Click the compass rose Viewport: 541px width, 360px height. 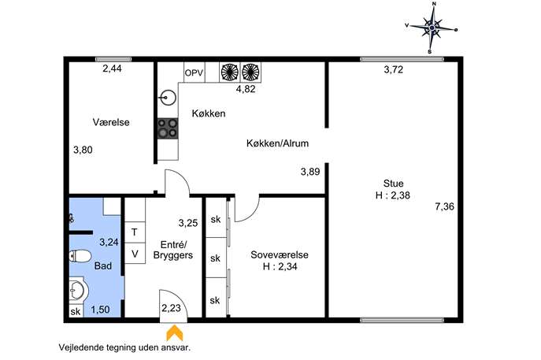coord(432,28)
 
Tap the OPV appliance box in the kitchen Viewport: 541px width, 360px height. coord(195,72)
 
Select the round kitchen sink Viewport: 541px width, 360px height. coord(168,98)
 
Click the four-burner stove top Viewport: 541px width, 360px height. coord(168,128)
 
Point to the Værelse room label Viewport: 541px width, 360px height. coord(111,122)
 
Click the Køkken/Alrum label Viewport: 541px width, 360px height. coord(277,143)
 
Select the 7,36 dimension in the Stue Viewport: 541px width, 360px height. coord(444,206)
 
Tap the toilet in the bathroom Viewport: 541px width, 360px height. coord(80,256)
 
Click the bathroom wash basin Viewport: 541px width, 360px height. coord(76,290)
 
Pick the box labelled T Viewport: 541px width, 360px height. coord(135,232)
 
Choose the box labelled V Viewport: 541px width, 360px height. coord(135,254)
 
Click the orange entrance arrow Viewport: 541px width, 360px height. coord(175,332)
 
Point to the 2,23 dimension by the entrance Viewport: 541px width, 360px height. coord(171,307)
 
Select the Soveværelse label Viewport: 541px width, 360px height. coord(280,254)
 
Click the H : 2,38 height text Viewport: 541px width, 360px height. coord(393,195)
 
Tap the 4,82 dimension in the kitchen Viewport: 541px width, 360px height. coord(246,89)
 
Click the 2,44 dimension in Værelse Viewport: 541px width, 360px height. coord(112,69)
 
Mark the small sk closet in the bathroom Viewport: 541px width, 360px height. coord(76,311)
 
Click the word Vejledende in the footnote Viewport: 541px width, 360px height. coord(81,347)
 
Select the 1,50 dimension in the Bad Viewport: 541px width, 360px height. coord(100,310)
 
